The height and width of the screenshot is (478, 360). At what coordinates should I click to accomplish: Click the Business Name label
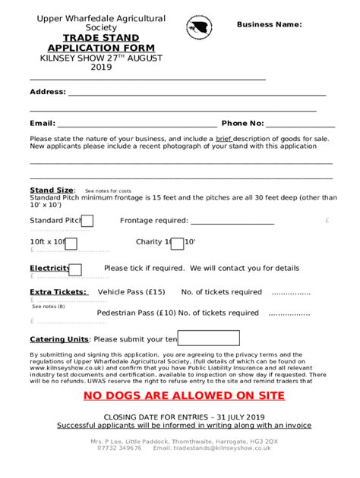coord(269,24)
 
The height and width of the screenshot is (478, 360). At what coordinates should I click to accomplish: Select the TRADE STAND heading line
coord(90,37)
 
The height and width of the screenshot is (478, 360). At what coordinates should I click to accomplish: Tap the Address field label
coord(47,92)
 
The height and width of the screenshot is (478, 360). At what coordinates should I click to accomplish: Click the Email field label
coord(42,123)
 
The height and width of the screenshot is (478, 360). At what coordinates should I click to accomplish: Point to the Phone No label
coord(242,123)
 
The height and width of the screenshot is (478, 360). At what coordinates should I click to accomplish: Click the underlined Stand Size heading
coord(52,190)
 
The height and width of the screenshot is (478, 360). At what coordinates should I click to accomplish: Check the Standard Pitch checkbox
coord(87,221)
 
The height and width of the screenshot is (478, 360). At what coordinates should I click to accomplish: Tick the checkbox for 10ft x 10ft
coord(71,243)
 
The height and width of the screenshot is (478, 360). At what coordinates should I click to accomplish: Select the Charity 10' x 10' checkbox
coord(177,243)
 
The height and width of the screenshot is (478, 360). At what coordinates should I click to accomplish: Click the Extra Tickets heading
coord(58,292)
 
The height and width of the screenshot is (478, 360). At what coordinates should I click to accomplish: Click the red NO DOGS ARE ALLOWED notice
coord(180,396)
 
